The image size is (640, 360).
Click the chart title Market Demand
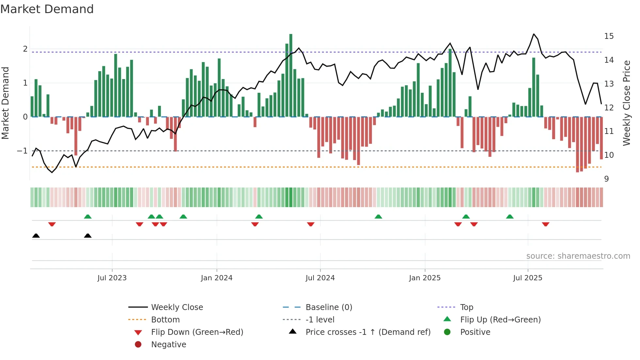pyautogui.click(x=47, y=9)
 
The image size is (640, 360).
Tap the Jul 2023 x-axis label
pyautogui.click(x=112, y=278)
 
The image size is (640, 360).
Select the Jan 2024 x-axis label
pyautogui.click(x=216, y=278)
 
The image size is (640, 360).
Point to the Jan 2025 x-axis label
pyautogui.click(x=424, y=278)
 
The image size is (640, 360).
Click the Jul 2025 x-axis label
pyautogui.click(x=527, y=278)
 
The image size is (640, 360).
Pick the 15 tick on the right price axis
pyautogui.click(x=609, y=36)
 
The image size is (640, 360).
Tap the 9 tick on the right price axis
pyautogui.click(x=606, y=179)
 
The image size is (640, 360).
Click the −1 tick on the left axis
pyautogui.click(x=22, y=151)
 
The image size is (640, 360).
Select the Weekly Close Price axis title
pyautogui.click(x=626, y=103)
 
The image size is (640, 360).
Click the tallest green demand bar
pyautogui.click(x=291, y=75)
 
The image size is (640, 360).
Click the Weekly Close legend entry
pyautogui.click(x=177, y=307)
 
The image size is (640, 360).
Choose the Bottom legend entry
pyautogui.click(x=165, y=320)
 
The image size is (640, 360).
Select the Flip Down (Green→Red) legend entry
pyautogui.click(x=197, y=332)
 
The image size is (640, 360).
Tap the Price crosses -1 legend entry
pyautogui.click(x=368, y=332)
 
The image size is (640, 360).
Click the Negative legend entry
pyautogui.click(x=168, y=345)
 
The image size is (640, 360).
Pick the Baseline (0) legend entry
pyautogui.click(x=328, y=307)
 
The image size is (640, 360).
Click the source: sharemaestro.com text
pyautogui.click(x=578, y=256)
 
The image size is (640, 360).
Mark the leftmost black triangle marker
pyautogui.click(x=36, y=236)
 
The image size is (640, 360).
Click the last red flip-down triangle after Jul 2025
pyautogui.click(x=545, y=224)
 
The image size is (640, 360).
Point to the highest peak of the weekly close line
pyautogui.click(x=534, y=34)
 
